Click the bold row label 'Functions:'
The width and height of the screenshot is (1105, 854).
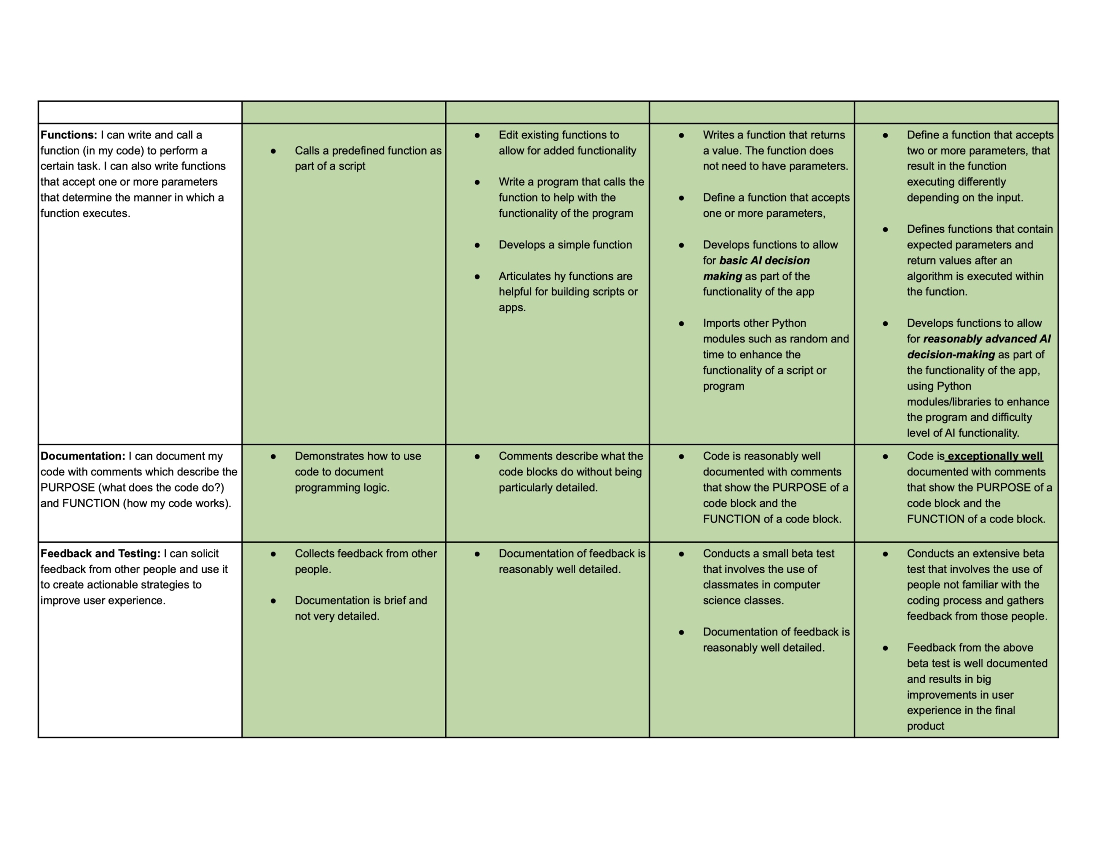click(x=69, y=135)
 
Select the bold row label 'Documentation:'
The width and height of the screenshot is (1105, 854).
click(x=82, y=456)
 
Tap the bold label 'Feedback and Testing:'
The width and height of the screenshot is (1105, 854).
click(x=100, y=553)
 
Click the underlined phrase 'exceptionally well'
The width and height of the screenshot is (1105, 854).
click(x=995, y=456)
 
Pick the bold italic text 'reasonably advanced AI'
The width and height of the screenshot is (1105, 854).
click(x=987, y=339)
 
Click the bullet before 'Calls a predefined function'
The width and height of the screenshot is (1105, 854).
click(x=273, y=151)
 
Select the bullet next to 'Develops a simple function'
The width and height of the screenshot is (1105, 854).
click(x=477, y=245)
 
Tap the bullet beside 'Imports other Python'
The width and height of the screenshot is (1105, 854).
click(x=681, y=323)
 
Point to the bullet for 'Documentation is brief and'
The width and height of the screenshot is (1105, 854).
click(x=273, y=600)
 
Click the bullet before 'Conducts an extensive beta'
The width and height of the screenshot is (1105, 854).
click(x=886, y=553)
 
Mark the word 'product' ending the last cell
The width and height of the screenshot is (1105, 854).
click(x=925, y=726)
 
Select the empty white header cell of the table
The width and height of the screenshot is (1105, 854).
click(x=140, y=112)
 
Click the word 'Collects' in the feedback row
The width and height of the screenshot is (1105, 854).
click(x=314, y=553)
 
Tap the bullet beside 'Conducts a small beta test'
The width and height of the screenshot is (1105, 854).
click(x=681, y=553)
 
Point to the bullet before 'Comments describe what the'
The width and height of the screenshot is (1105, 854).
click(x=477, y=456)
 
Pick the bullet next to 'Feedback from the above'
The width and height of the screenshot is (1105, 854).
click(x=886, y=648)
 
